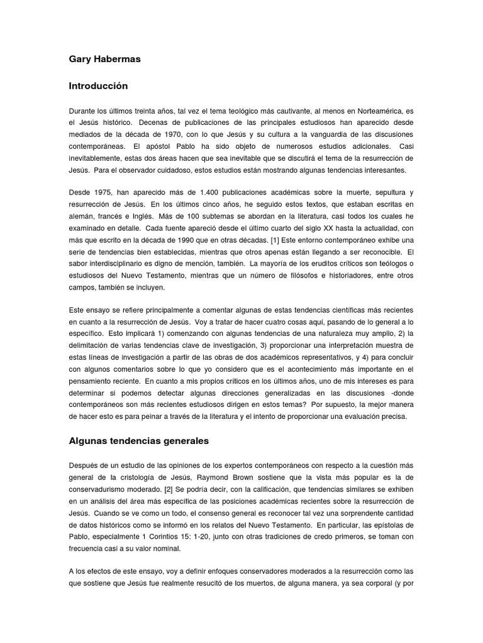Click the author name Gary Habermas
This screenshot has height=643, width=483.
click(104, 59)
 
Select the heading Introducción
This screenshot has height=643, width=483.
click(98, 85)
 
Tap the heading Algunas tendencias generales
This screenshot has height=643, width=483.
click(138, 441)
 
